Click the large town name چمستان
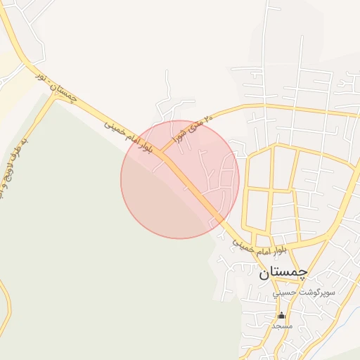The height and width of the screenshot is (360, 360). click(x=283, y=274)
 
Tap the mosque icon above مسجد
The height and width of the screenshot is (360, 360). click(x=282, y=315)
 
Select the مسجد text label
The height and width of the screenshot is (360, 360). click(x=281, y=326)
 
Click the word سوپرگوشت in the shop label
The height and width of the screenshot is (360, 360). click(x=323, y=291)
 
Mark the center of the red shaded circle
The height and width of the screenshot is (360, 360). click(x=180, y=179)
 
